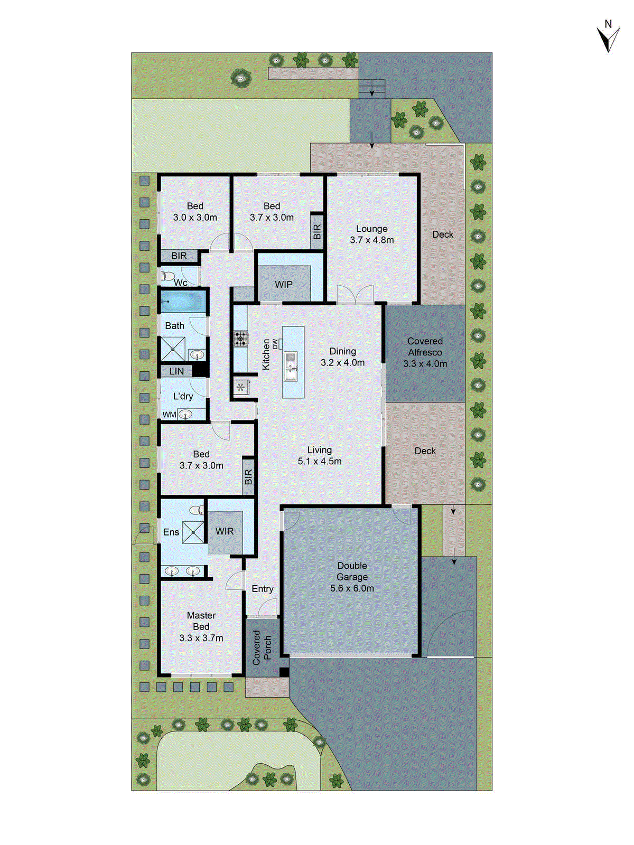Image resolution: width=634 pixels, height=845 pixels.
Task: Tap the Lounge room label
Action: (371, 229)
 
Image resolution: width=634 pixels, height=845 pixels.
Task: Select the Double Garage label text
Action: (352, 571)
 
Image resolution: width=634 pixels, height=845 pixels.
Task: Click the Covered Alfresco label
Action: (425, 347)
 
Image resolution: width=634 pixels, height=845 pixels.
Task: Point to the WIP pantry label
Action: (284, 285)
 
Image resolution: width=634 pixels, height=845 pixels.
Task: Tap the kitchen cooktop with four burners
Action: (241, 339)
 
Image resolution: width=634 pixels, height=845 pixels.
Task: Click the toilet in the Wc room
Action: (168, 276)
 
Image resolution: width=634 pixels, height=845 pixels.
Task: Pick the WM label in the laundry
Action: (169, 415)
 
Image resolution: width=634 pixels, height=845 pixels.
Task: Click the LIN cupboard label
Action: (176, 372)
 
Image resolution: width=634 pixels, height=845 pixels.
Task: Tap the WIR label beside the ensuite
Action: (225, 531)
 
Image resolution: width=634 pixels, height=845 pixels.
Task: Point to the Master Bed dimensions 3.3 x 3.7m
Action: (201, 638)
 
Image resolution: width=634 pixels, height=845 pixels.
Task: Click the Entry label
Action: (263, 589)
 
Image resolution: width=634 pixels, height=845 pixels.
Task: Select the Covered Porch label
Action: (262, 647)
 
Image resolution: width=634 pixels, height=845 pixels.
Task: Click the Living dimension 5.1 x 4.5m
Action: (320, 461)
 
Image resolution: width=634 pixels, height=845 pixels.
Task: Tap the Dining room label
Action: (342, 351)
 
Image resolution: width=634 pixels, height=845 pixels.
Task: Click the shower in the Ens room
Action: (193, 532)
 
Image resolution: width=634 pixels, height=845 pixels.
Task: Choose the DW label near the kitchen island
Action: (275, 344)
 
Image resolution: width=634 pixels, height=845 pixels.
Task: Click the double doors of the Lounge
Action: (356, 295)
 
